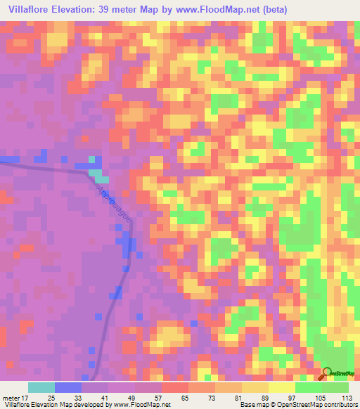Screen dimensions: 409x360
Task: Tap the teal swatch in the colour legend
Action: (x=41, y=387)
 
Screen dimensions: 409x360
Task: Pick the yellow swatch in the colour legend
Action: (x=255, y=387)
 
